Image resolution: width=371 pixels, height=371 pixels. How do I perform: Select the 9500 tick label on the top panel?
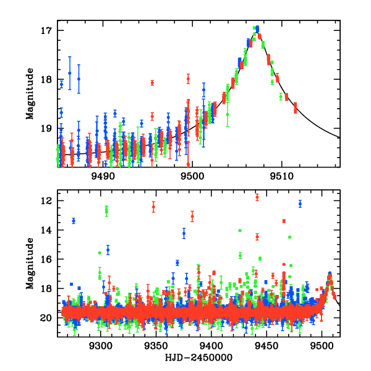point(192,176)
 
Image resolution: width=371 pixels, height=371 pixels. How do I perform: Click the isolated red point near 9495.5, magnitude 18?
point(152,82)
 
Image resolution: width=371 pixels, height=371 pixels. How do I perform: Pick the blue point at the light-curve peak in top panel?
point(257,28)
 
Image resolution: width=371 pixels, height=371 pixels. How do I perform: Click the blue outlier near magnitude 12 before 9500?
point(300,203)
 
